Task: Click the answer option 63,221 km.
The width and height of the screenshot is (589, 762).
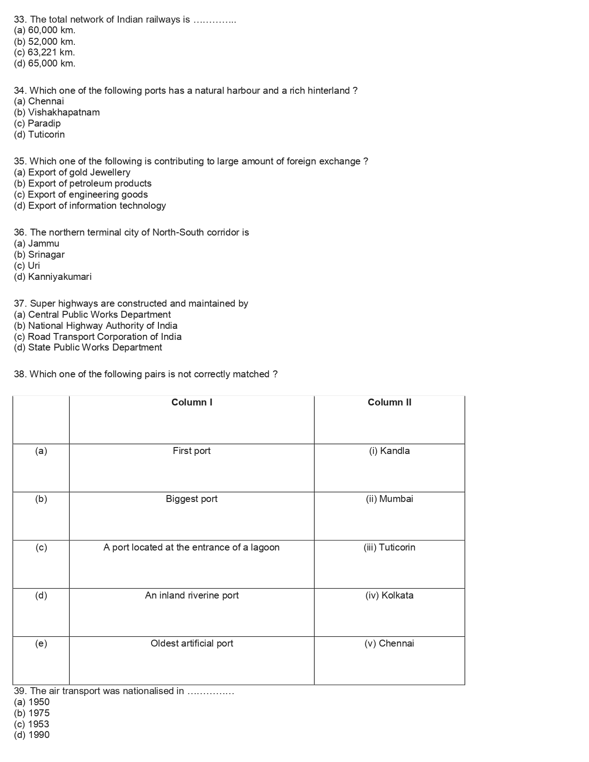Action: pyautogui.click(x=44, y=53)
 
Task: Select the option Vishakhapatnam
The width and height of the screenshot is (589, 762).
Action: pyautogui.click(x=57, y=112)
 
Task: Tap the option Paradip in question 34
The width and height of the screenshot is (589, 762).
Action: pyautogui.click(x=37, y=123)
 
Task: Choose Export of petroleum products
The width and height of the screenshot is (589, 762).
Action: pyautogui.click(x=83, y=183)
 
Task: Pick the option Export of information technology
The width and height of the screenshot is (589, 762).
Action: pyautogui.click(x=90, y=206)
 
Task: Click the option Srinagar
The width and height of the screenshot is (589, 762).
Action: pyautogui.click(x=39, y=254)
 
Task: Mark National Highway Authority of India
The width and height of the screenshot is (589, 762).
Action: pyautogui.click(x=96, y=326)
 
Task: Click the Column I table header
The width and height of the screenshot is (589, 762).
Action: pyautogui.click(x=192, y=402)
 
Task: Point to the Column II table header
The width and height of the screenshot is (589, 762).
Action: pyautogui.click(x=389, y=402)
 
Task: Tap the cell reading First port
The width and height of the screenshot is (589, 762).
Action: pyautogui.click(x=192, y=451)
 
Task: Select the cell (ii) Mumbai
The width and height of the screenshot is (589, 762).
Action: pyautogui.click(x=389, y=499)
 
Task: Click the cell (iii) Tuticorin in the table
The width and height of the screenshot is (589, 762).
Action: pyautogui.click(x=389, y=547)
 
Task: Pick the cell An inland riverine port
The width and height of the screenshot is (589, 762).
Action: pyautogui.click(x=192, y=595)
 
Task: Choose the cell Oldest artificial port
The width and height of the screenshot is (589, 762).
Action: pyautogui.click(x=192, y=643)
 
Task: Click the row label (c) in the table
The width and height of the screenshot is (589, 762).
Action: pyautogui.click(x=41, y=547)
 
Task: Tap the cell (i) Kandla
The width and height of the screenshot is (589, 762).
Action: pyautogui.click(x=389, y=451)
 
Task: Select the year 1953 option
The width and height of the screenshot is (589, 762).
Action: pyautogui.click(x=32, y=724)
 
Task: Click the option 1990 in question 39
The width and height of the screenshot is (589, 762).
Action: pyautogui.click(x=32, y=735)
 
